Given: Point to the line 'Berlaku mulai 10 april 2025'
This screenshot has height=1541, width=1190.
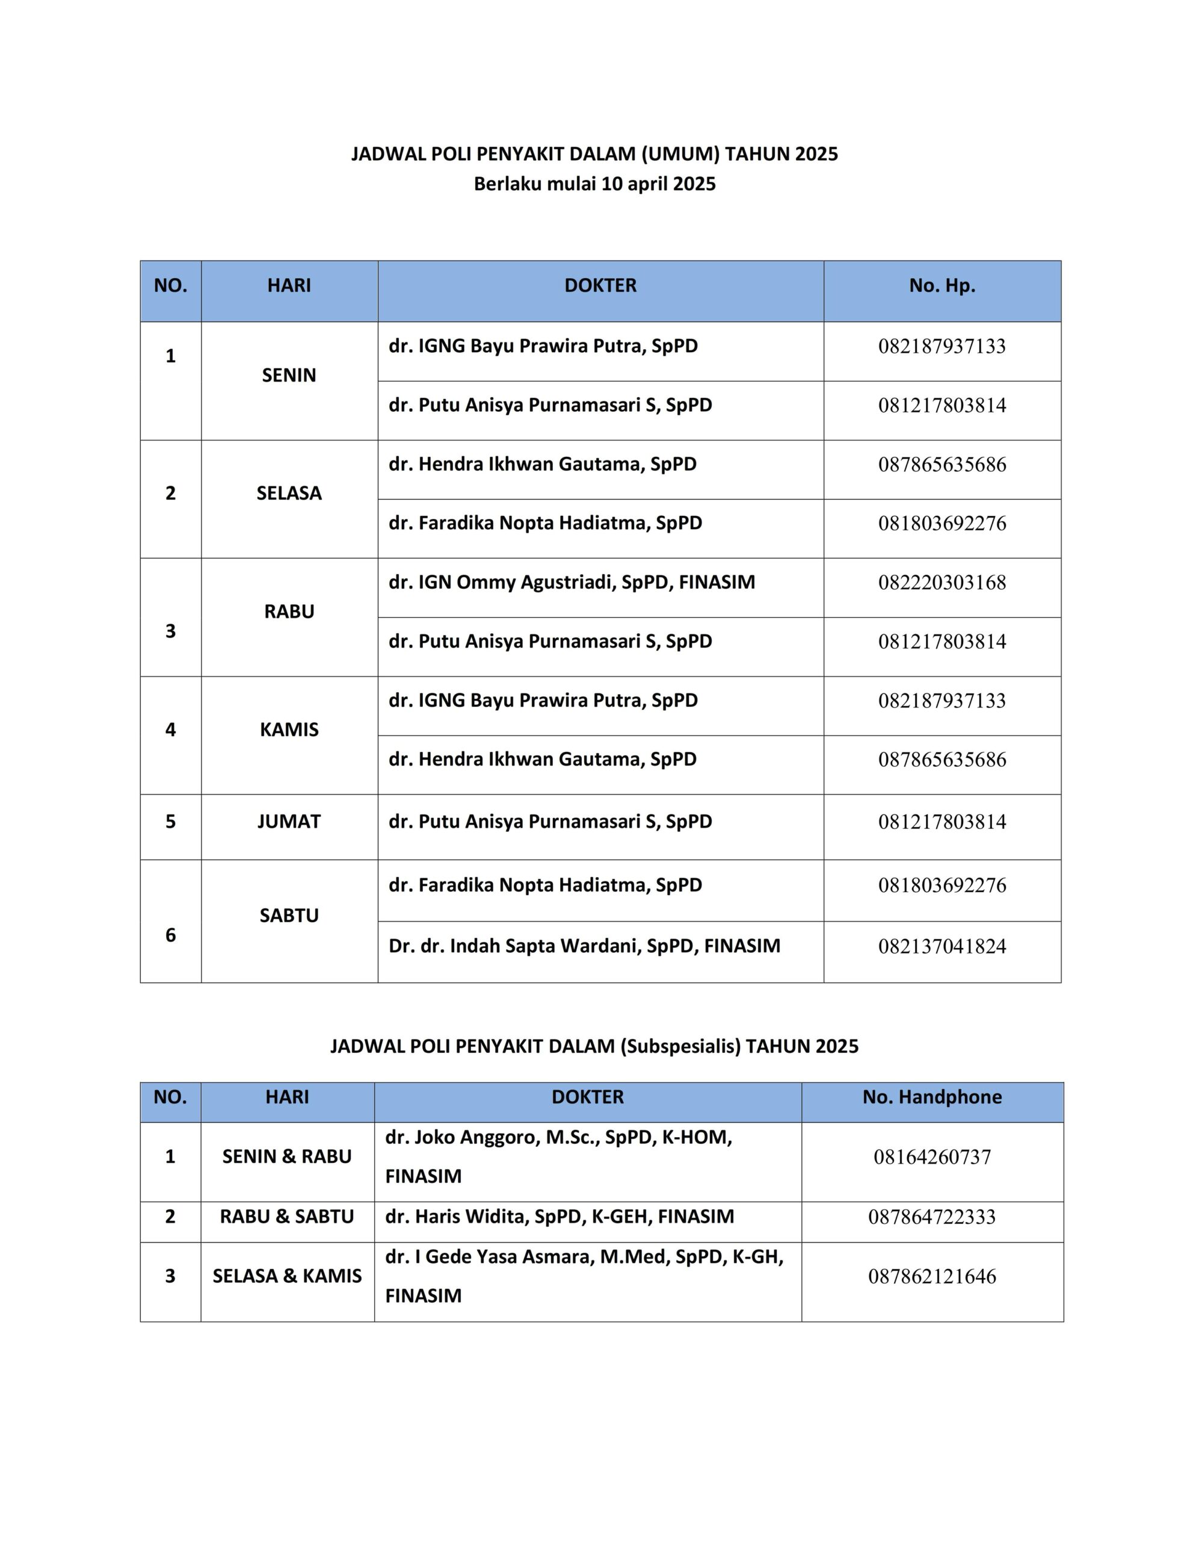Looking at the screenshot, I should click(x=594, y=184).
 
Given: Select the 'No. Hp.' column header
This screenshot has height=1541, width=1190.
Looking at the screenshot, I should click(x=942, y=286).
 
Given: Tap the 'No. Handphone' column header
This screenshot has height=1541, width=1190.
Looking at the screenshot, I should click(x=932, y=1097).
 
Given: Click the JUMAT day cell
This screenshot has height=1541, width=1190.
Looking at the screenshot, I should click(x=289, y=821).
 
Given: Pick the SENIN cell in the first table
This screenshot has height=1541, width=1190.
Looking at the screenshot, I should click(x=289, y=376).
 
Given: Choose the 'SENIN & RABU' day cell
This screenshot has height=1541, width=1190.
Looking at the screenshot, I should click(x=287, y=1156).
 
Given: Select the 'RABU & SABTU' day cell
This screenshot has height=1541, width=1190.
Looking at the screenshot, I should click(x=287, y=1217).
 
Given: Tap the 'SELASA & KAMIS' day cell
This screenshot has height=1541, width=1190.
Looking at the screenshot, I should click(x=287, y=1276).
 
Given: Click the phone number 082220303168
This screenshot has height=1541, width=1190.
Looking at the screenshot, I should click(x=942, y=583).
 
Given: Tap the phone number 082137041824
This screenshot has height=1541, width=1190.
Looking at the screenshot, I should click(x=942, y=946).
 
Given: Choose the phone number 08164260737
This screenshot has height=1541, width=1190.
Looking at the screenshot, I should click(x=932, y=1157).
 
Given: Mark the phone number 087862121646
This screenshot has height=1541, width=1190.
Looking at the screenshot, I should click(x=932, y=1276).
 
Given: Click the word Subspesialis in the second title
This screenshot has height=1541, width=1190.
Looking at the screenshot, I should click(x=680, y=1046).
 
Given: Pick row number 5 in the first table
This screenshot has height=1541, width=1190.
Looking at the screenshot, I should click(x=171, y=821).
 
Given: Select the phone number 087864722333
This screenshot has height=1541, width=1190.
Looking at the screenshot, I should click(x=932, y=1217).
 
